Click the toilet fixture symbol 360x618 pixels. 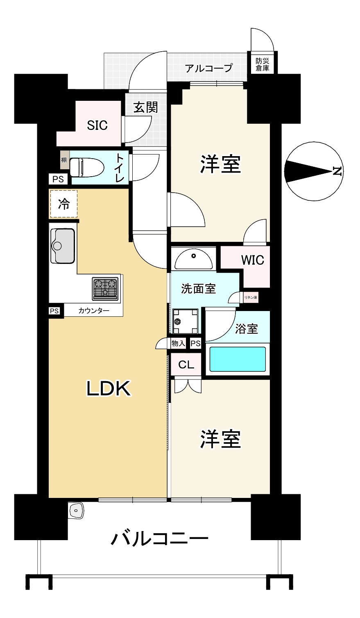coord(86,167)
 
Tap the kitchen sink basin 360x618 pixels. coord(62,246)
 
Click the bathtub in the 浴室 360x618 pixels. coord(238,359)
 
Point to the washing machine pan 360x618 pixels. coord(185,321)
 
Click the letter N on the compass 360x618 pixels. coord(337,171)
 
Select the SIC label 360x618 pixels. coord(97,125)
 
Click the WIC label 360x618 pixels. coord(253,260)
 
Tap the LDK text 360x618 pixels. coord(109,388)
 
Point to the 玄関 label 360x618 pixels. coord(146,107)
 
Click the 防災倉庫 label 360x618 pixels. coord(262,65)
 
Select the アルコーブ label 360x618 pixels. coord(208,68)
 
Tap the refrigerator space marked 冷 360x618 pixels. coord(63,204)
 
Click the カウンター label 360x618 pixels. coord(94,311)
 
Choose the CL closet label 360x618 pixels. coord(186,365)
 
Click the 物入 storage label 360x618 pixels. coord(178,343)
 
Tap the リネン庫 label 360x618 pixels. coord(251,298)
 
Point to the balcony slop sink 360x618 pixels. coord(76,510)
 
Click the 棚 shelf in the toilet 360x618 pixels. coord(64,160)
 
